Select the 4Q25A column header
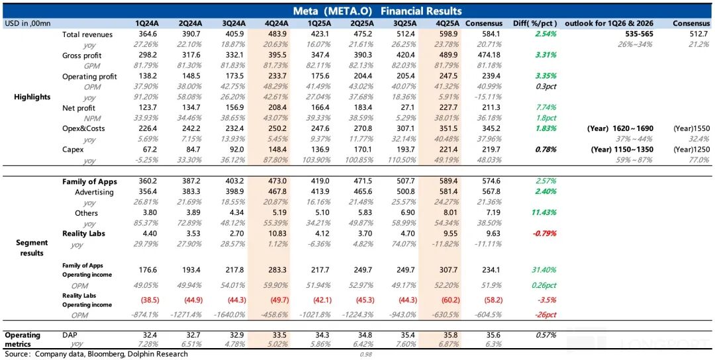pos(448,24)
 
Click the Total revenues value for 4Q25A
pos(448,34)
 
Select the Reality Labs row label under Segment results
pos(83,234)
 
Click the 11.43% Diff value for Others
pos(541,213)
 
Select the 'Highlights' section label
pos(32,97)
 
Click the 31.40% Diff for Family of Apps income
pos(541,269)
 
